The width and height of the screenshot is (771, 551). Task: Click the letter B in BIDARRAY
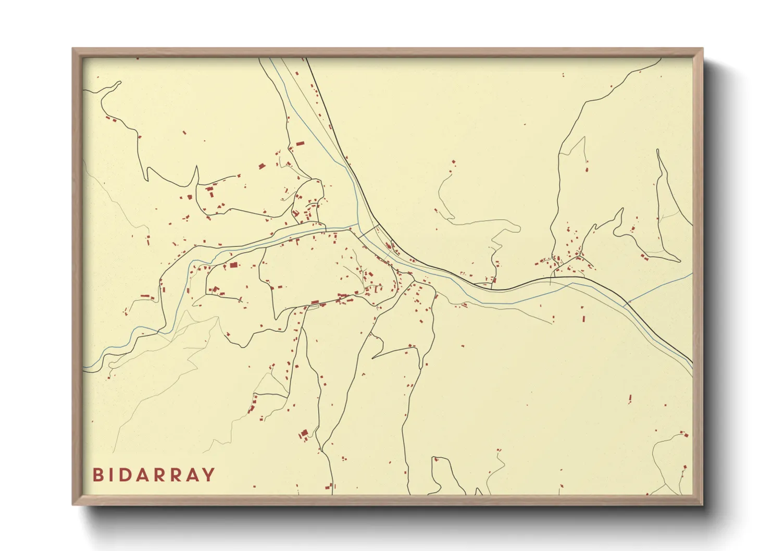click(97, 475)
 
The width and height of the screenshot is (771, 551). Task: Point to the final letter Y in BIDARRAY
click(208, 475)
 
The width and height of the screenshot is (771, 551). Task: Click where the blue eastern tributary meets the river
click(625, 304)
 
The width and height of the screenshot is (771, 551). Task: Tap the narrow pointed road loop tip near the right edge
click(658, 151)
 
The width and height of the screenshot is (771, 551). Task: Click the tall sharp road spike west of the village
click(197, 167)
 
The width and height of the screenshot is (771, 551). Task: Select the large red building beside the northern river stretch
click(300, 143)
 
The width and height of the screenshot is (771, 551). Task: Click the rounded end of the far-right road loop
click(679, 259)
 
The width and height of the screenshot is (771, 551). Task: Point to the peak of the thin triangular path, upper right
click(584, 137)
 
